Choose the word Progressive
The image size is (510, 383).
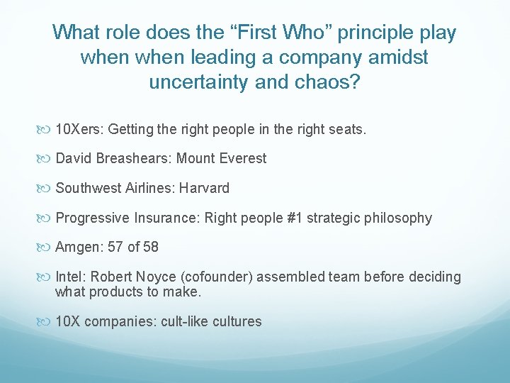pyautogui.click(x=91, y=218)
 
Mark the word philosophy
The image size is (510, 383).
pyautogui.click(x=398, y=218)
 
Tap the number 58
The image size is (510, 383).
pyautogui.click(x=150, y=247)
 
